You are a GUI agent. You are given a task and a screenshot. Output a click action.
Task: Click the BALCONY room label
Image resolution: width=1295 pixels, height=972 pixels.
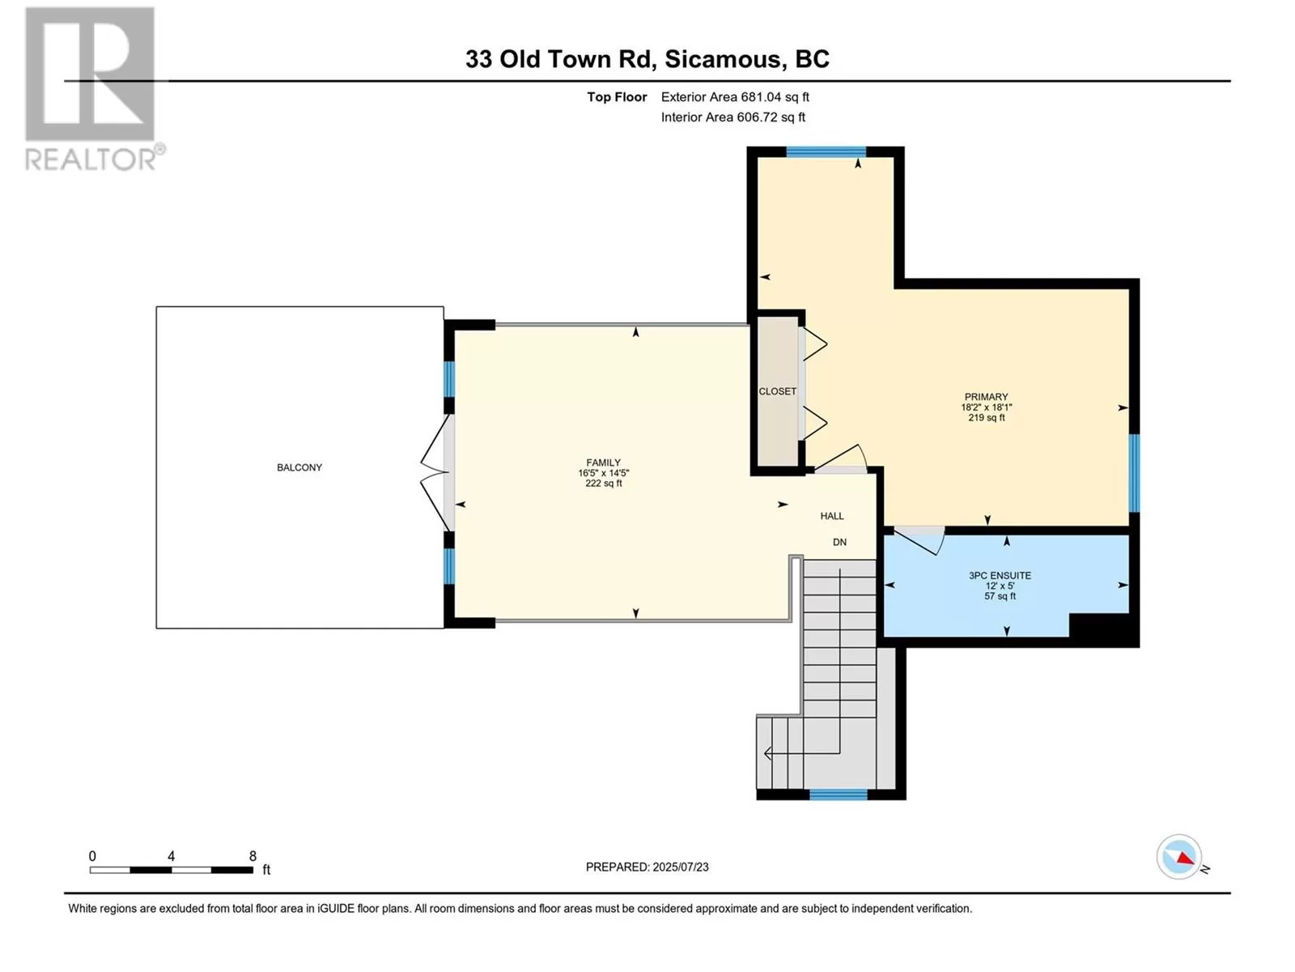[299, 467]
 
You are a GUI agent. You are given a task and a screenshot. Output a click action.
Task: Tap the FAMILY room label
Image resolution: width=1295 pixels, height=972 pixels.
[603, 463]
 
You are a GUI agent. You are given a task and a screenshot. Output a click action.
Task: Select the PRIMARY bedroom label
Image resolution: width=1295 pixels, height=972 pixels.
[986, 397]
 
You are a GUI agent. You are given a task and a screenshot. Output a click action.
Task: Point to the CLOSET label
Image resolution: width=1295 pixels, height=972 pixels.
[777, 391]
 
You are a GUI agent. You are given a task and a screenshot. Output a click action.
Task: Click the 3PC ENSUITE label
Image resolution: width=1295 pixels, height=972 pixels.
[1000, 575]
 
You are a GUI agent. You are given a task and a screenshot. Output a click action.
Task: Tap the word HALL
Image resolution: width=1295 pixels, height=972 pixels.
[832, 516]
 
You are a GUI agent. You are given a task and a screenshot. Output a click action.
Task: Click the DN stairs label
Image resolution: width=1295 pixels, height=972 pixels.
[839, 542]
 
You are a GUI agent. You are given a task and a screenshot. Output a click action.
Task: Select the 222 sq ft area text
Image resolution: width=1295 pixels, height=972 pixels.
[604, 484]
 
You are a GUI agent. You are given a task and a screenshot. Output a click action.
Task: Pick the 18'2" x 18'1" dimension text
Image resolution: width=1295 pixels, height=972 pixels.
[987, 407]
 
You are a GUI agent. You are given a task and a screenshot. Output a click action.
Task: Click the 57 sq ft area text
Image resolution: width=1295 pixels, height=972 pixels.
[1000, 596]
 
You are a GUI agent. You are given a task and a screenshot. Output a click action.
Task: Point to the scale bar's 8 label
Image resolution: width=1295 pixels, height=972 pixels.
[253, 856]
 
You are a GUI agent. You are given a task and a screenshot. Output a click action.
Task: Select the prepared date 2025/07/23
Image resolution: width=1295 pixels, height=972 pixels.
[680, 867]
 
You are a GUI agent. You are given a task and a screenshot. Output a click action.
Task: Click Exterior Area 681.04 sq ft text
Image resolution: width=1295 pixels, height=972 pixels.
[735, 96]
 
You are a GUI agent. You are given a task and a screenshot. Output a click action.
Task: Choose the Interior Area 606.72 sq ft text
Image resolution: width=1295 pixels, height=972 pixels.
[732, 117]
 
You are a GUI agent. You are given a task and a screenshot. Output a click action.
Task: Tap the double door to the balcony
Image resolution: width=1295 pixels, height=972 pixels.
[437, 472]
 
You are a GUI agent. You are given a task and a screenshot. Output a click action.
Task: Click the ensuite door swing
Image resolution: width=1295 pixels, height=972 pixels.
[918, 539]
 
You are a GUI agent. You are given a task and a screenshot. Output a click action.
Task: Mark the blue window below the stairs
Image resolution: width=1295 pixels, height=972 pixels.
[838, 795]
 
